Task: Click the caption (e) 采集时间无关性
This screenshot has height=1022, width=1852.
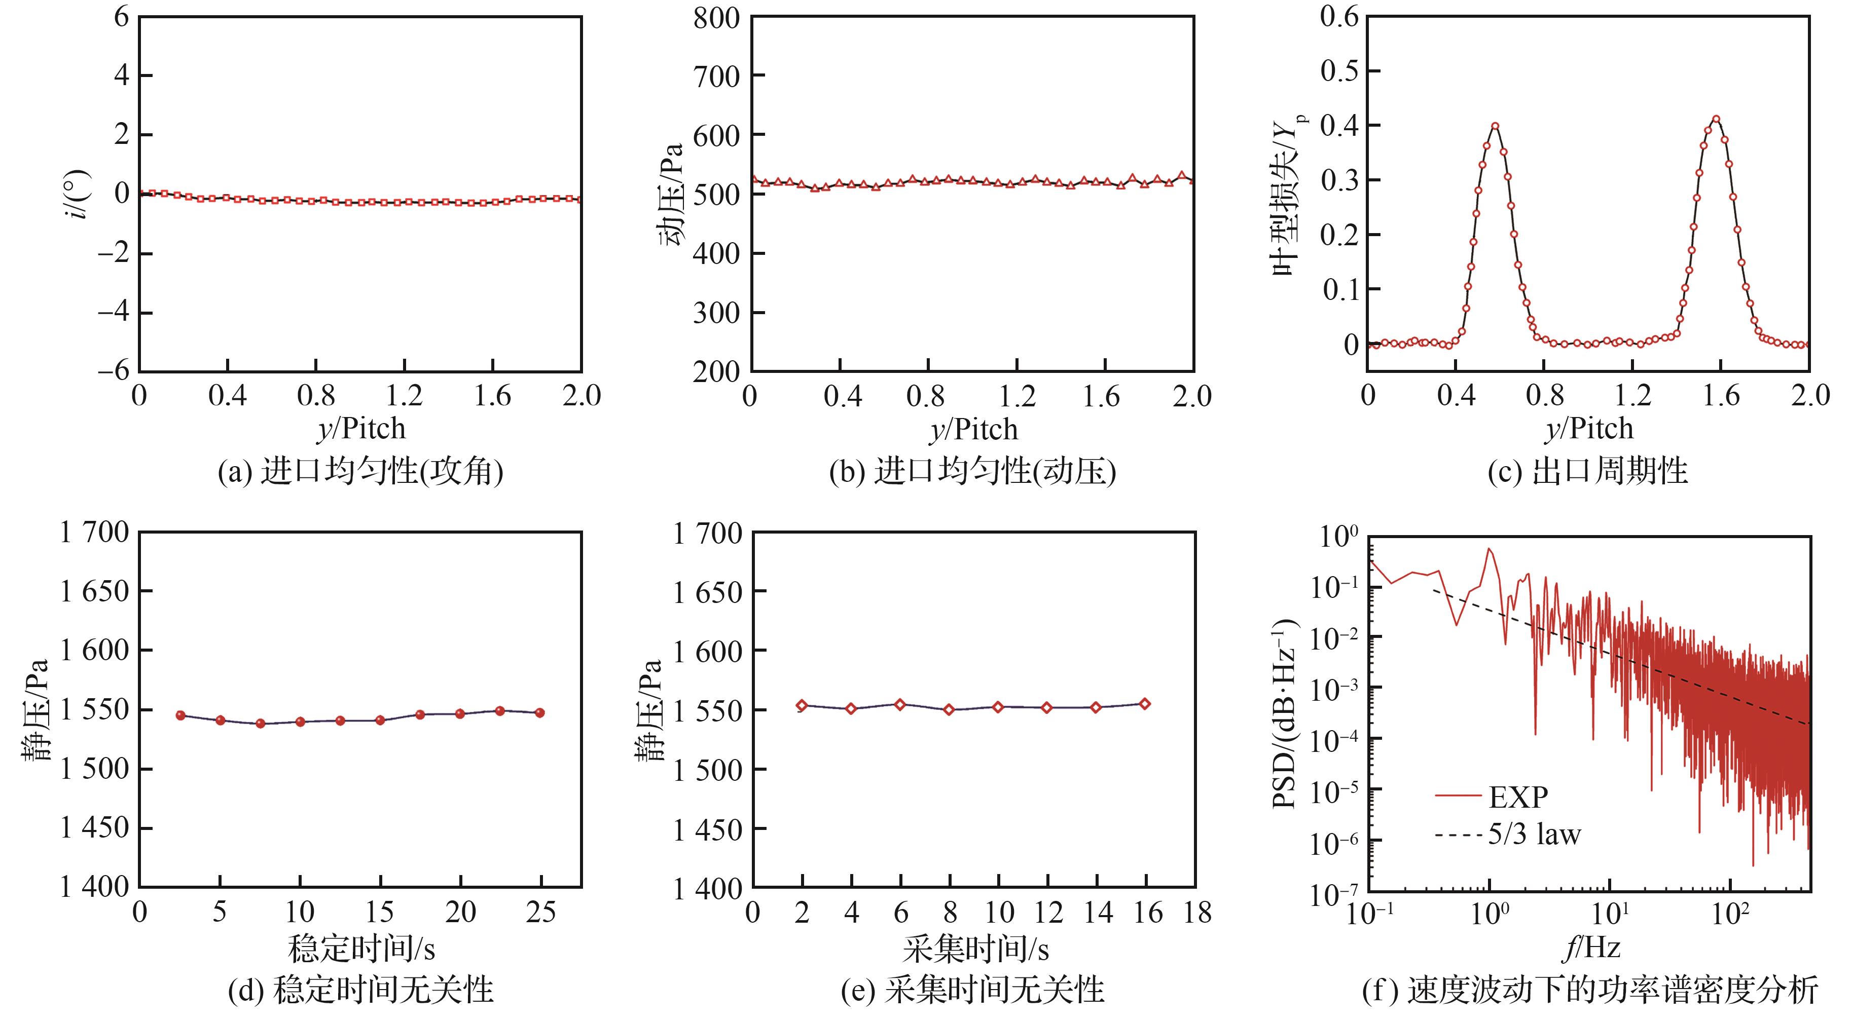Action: tap(972, 990)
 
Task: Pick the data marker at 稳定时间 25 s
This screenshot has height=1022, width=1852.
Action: tap(540, 713)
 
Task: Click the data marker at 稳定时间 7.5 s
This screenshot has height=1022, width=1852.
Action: tap(260, 724)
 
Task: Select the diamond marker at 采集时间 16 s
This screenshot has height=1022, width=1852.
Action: tap(1145, 704)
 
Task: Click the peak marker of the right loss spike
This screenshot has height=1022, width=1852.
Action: tap(1716, 119)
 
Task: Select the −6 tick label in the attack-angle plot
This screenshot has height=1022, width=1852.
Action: tap(114, 371)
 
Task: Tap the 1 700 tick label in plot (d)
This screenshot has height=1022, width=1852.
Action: tap(94, 533)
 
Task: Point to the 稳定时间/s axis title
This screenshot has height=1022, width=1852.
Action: tap(361, 949)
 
